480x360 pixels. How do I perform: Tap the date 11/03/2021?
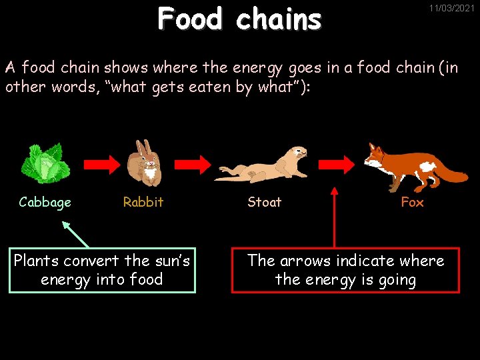pyautogui.click(x=451, y=9)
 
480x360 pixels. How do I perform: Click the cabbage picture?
pyautogui.click(x=45, y=163)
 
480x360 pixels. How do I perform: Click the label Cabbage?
pyautogui.click(x=45, y=202)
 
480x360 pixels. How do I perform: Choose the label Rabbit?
pyautogui.click(x=143, y=202)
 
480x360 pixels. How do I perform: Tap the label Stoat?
pyautogui.click(x=264, y=202)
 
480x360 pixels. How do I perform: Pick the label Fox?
pyautogui.click(x=412, y=202)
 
